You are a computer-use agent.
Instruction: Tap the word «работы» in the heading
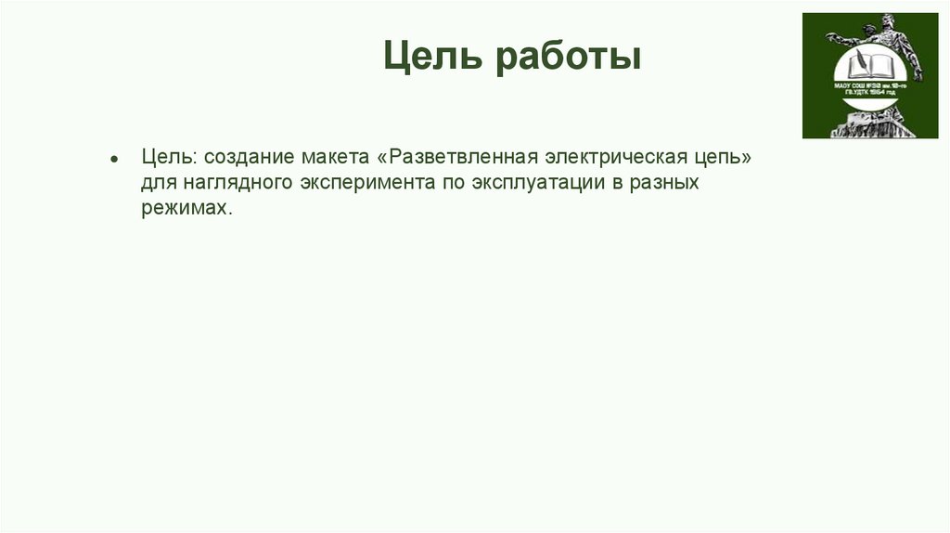coord(567,58)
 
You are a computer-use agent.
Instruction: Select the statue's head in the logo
coord(889,20)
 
